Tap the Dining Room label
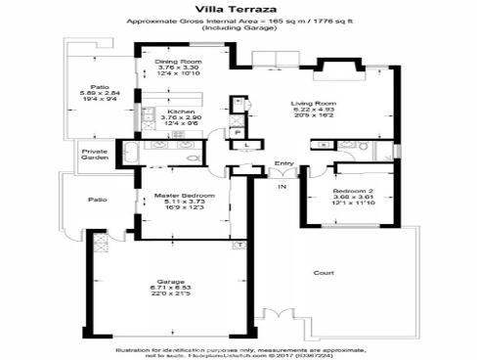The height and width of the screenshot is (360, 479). coord(178,62)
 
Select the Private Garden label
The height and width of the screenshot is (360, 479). coord(95,155)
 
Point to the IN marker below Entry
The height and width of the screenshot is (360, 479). coord(282,185)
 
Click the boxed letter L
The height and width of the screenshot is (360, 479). coord(246,146)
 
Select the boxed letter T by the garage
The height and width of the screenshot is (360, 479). coord(238,243)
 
